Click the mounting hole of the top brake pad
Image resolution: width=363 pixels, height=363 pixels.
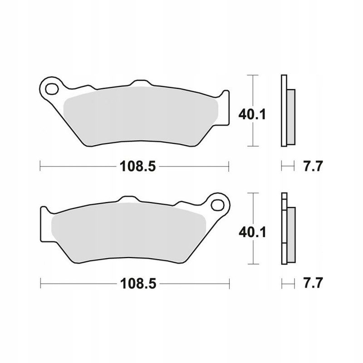tap(52, 89)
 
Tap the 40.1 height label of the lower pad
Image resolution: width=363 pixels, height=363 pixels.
tap(253, 232)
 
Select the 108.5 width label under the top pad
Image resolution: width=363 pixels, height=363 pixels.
tap(138, 166)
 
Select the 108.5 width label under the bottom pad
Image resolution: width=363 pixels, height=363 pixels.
tap(138, 283)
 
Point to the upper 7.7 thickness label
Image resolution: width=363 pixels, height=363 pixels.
tap(313, 166)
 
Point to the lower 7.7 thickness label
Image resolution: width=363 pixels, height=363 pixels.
tap(313, 283)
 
